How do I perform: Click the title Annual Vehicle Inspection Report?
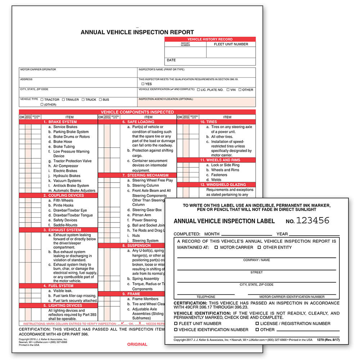pos(137,32)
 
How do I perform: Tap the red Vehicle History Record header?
pos(210,39)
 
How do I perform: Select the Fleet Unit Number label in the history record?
pos(231,44)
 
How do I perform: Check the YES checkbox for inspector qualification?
pos(143,84)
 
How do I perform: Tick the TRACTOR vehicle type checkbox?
pos(42,100)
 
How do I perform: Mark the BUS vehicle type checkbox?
pos(100,100)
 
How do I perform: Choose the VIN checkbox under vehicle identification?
pos(228,90)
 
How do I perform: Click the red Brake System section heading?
pos(60,122)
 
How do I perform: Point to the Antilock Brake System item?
pos(71,186)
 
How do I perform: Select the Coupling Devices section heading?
pos(63,195)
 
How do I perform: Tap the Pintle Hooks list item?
pos(63,206)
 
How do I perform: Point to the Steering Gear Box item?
pos(147,210)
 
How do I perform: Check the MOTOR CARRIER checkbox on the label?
pos(216,248)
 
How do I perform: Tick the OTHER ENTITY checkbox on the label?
pos(259,248)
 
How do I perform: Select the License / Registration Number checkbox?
pos(257,324)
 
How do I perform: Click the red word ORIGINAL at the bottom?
pos(137,345)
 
